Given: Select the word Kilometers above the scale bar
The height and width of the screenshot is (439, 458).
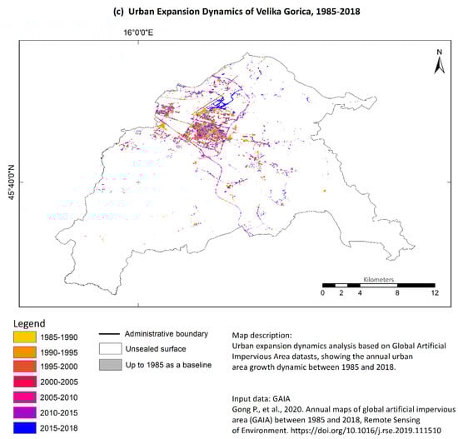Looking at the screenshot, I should pyautogui.click(x=379, y=280).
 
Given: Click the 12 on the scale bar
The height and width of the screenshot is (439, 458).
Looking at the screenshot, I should pyautogui.click(x=434, y=294).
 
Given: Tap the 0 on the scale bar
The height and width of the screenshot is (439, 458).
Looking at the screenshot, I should pyautogui.click(x=322, y=294).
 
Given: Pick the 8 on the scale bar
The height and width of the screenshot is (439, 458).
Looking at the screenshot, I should pyautogui.click(x=397, y=294).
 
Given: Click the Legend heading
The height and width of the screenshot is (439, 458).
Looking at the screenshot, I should pyautogui.click(x=29, y=322).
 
